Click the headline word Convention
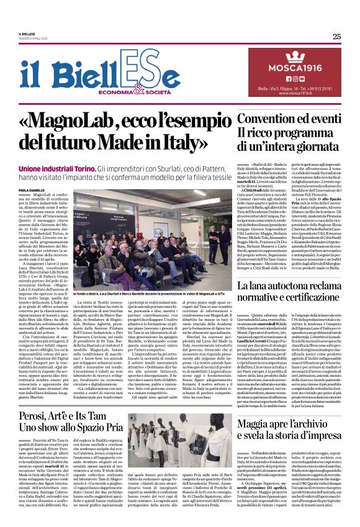(x=267, y=118)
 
